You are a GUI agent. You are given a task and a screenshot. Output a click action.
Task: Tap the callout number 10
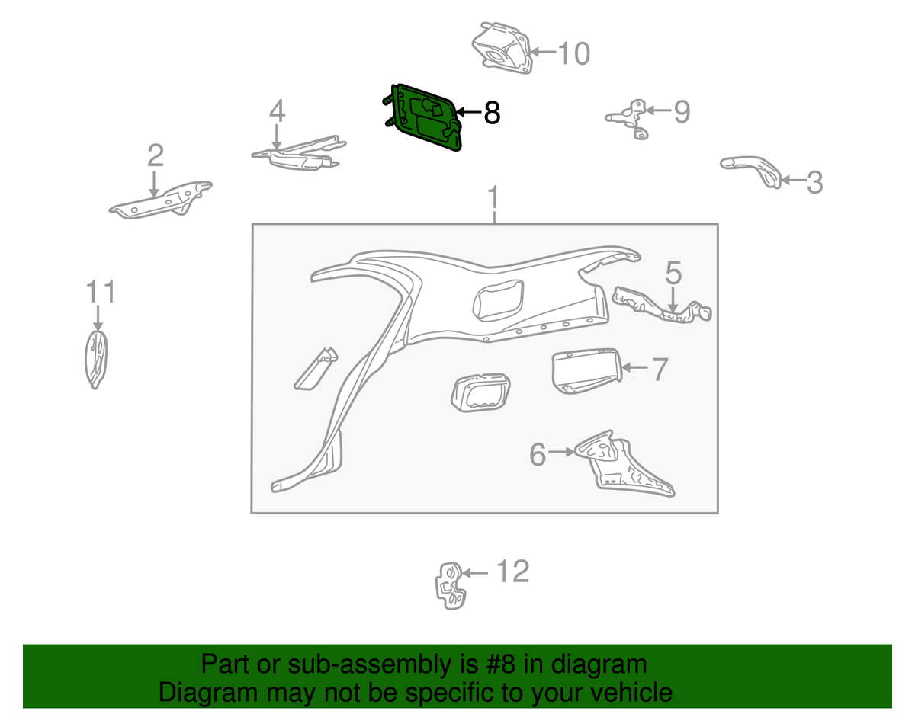coord(574,54)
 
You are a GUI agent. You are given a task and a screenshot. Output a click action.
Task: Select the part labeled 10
coord(502,48)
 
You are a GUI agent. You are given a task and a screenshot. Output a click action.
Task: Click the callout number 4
coord(277,111)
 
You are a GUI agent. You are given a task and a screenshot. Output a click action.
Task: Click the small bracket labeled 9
coord(628,119)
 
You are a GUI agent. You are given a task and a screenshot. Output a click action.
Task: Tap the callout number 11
coord(100,292)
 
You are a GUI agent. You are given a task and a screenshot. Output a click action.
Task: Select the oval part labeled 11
coord(96,360)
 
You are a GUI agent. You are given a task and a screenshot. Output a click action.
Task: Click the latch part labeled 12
coord(450,585)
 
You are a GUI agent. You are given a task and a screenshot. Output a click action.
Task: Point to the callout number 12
coord(512,572)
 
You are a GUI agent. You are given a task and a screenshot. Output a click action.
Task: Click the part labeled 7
coord(586,371)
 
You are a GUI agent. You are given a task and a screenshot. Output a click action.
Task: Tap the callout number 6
coord(538,454)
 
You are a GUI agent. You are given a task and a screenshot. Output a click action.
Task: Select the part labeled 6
coord(623,465)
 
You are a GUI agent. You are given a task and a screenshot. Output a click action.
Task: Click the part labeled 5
coord(661,306)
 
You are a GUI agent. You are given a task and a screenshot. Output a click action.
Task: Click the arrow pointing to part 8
coord(468,112)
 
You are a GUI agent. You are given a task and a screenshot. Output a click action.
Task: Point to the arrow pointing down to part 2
coord(154,184)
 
